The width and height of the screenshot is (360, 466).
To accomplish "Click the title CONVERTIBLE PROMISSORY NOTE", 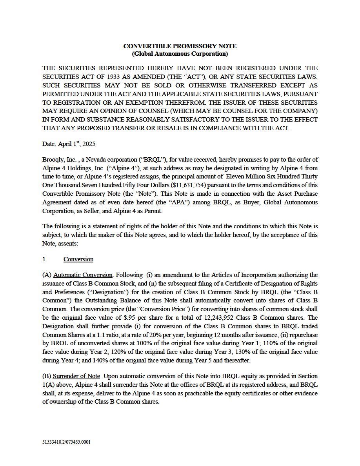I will coord(180,46).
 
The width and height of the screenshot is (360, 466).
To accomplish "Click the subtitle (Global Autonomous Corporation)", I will coord(180,54).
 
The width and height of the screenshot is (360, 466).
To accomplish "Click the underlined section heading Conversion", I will coord(78,259).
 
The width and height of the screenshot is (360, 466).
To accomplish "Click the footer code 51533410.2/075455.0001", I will coord(66,442).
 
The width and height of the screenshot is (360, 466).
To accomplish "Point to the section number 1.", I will coord(45,259).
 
